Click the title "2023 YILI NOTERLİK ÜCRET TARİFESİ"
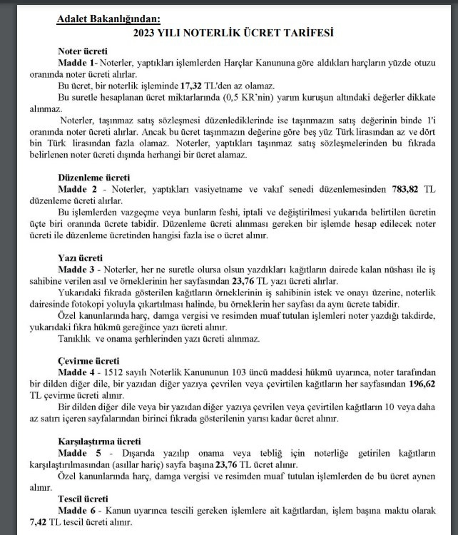coord(233,33)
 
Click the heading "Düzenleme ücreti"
coord(93,176)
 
